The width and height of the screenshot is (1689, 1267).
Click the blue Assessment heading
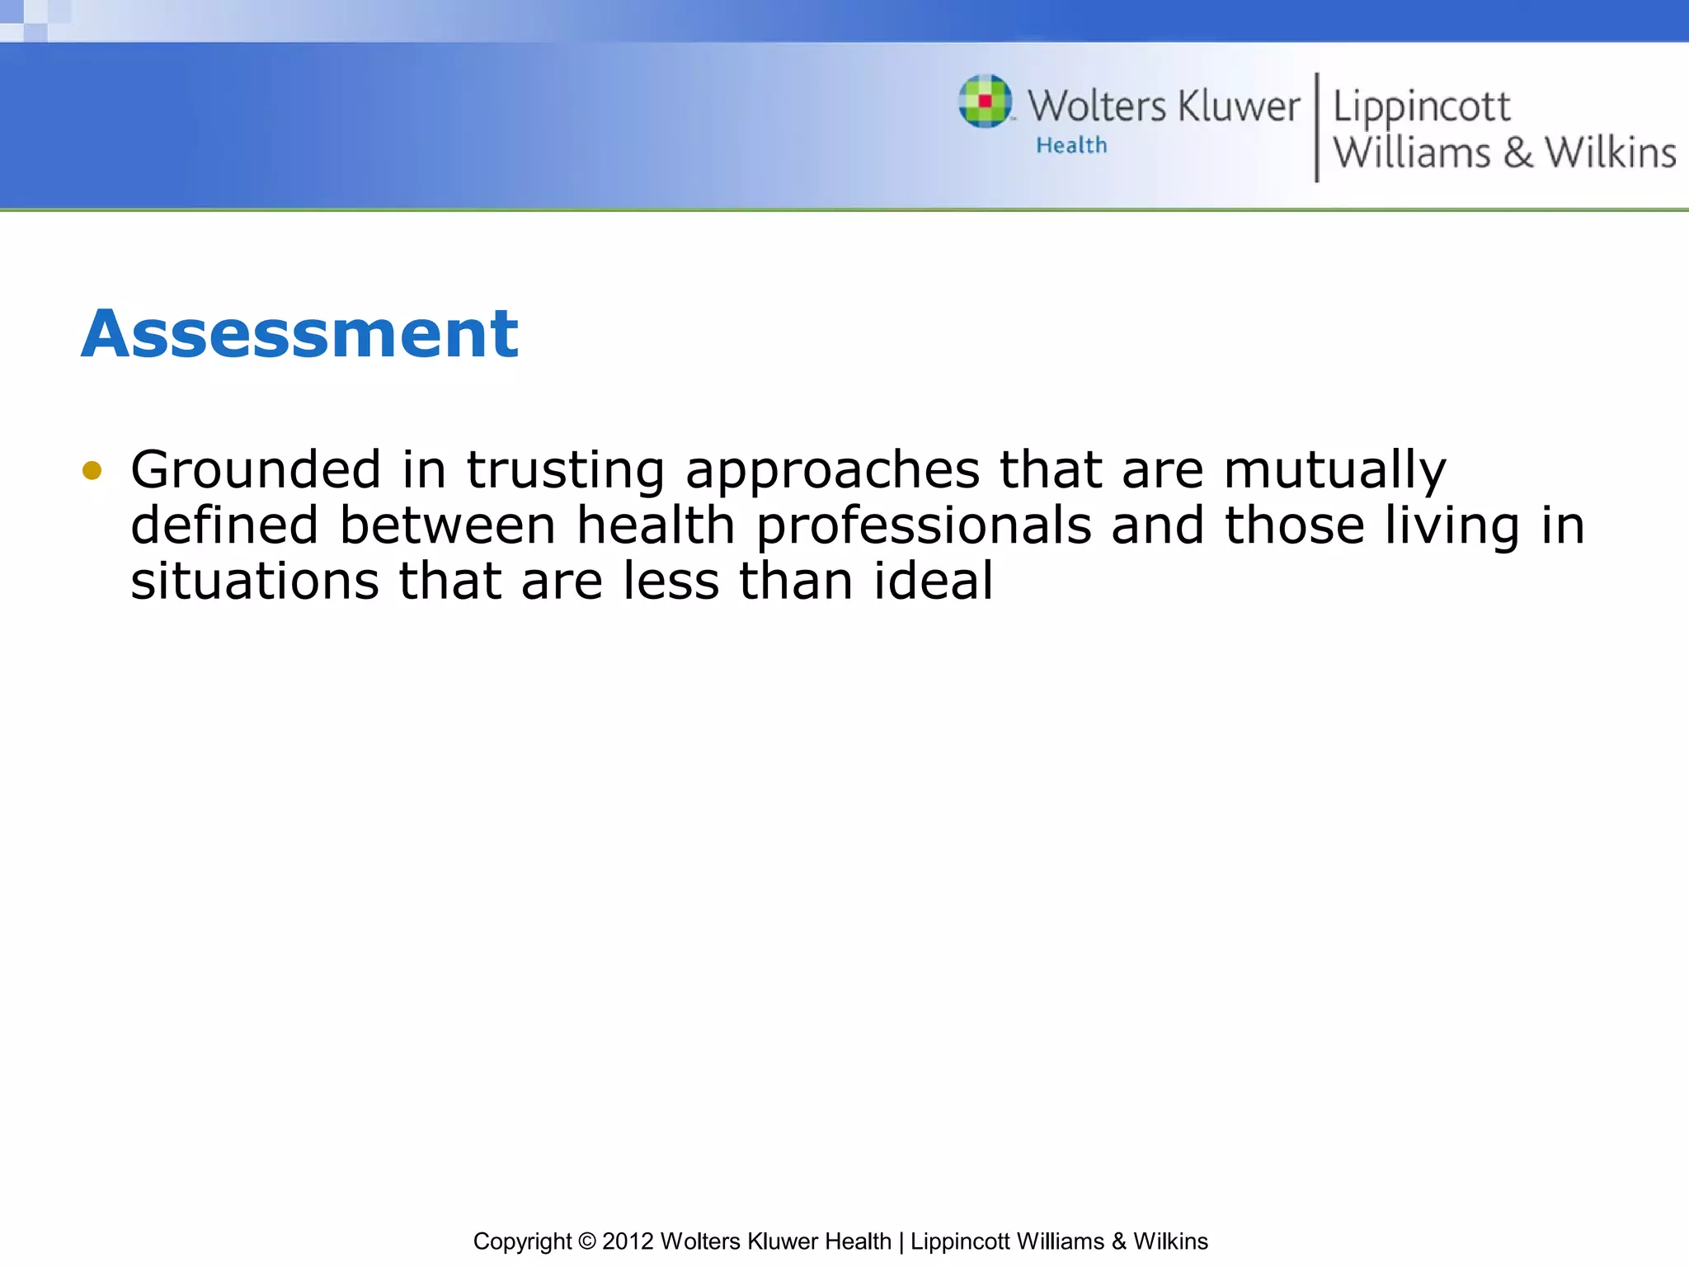[299, 333]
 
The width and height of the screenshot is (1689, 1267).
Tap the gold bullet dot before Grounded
[92, 470]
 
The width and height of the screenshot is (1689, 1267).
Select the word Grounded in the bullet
[256, 469]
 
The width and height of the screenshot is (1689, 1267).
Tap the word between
[448, 525]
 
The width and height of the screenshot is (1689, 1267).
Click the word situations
[255, 581]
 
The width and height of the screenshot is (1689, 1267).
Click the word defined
[224, 525]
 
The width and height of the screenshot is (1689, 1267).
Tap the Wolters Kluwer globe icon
[985, 101]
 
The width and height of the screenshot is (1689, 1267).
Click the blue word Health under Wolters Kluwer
[1071, 145]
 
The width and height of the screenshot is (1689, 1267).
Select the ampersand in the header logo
[1517, 153]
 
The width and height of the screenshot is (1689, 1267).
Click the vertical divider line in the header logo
[1316, 127]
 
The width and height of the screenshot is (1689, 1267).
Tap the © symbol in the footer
[586, 1241]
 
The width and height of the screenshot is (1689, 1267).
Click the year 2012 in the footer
[628, 1241]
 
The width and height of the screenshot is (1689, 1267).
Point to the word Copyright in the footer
[522, 1241]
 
